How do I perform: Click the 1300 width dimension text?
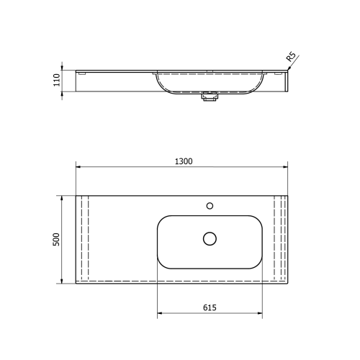click(183, 161)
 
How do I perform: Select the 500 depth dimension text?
click(55, 239)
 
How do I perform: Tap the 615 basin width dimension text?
click(210, 307)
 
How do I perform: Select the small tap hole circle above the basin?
click(210, 205)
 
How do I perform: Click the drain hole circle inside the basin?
click(210, 238)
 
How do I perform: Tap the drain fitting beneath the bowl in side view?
click(210, 97)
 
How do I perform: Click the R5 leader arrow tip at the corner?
click(287, 70)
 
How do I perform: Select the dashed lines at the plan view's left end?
click(84, 239)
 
